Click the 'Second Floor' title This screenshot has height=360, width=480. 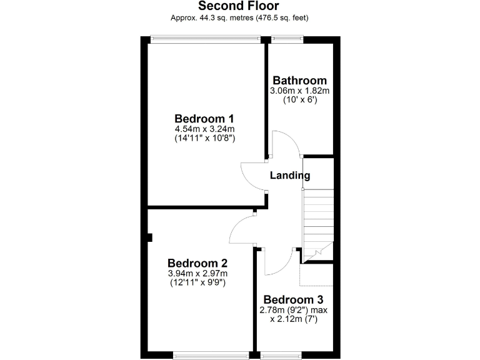[239, 6]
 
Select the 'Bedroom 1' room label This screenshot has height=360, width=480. [204, 119]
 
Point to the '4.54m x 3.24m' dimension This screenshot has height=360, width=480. [204, 129]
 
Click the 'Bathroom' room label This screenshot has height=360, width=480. [299, 81]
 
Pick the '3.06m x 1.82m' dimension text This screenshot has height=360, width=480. [299, 91]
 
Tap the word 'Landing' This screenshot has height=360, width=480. [289, 176]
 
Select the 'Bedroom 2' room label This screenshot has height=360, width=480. [197, 263]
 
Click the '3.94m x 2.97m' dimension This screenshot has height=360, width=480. [197, 273]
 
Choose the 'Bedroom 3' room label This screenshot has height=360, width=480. [293, 300]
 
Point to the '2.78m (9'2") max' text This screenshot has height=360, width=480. [293, 310]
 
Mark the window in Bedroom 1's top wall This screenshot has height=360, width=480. [206, 39]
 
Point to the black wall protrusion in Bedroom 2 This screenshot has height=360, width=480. [151, 237]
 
